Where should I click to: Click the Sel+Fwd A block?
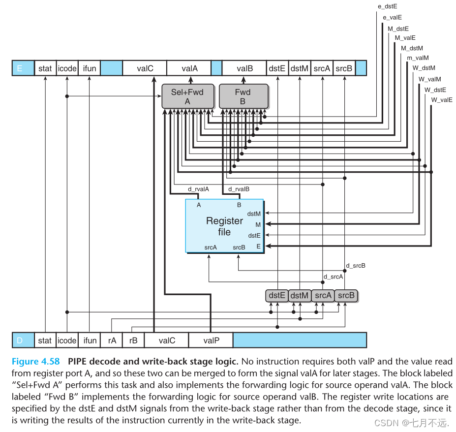click(x=187, y=96)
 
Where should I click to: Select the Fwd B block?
click(x=243, y=96)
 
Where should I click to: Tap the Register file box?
click(x=224, y=226)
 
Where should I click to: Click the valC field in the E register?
click(x=145, y=68)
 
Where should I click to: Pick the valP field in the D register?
click(x=211, y=340)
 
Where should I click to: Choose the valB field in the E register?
click(x=244, y=68)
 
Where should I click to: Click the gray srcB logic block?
click(x=346, y=295)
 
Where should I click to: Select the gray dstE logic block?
click(x=276, y=295)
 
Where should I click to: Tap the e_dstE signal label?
click(x=387, y=6)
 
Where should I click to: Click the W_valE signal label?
click(x=441, y=100)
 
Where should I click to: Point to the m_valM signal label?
click(x=418, y=58)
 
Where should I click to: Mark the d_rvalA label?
click(x=198, y=189)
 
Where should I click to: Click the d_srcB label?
click(x=355, y=266)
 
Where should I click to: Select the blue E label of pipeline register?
click(x=20, y=68)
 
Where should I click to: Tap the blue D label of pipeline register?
click(x=20, y=340)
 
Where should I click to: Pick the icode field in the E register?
click(x=67, y=68)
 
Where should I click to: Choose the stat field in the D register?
click(x=45, y=340)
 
